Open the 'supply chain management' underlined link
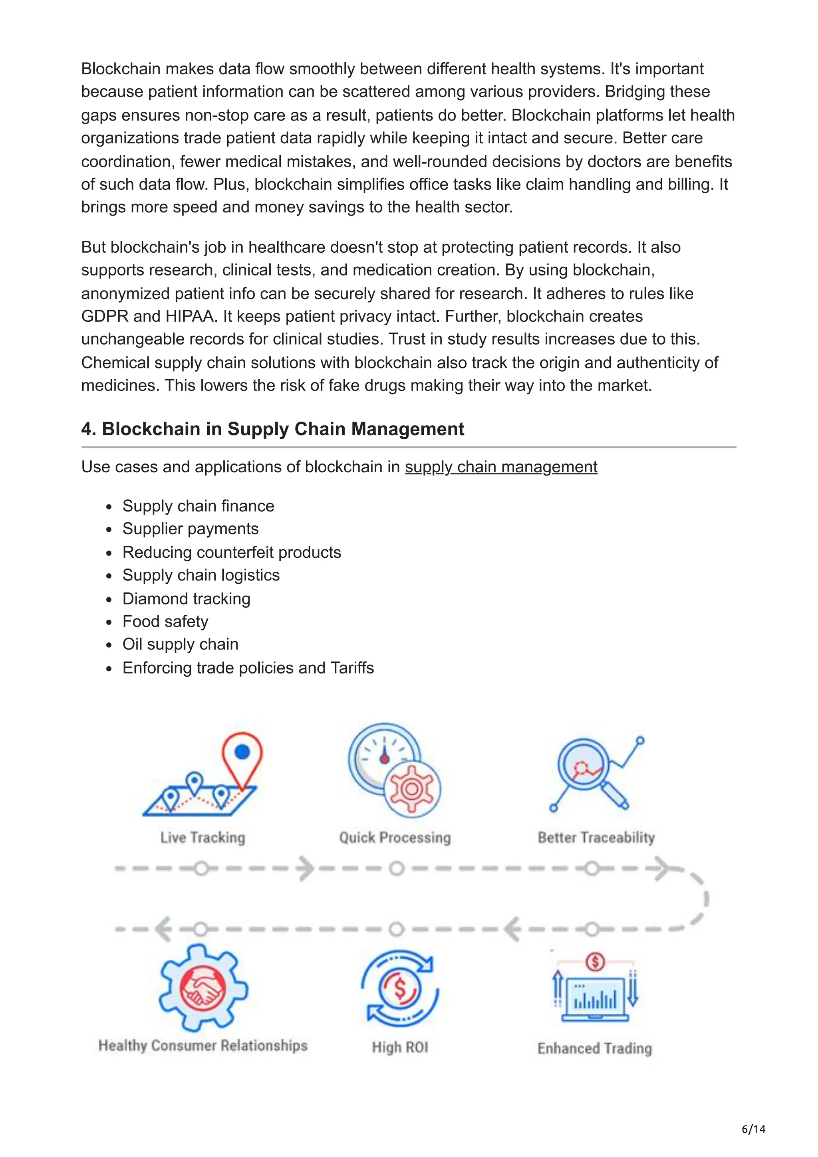point(501,467)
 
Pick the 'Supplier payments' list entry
point(190,529)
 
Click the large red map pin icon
point(242,759)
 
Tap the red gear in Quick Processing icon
point(412,789)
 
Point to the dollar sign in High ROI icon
point(400,989)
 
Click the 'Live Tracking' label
point(203,838)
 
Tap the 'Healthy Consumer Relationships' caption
point(203,1046)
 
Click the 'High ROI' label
point(400,1048)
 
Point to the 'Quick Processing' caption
point(395,838)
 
